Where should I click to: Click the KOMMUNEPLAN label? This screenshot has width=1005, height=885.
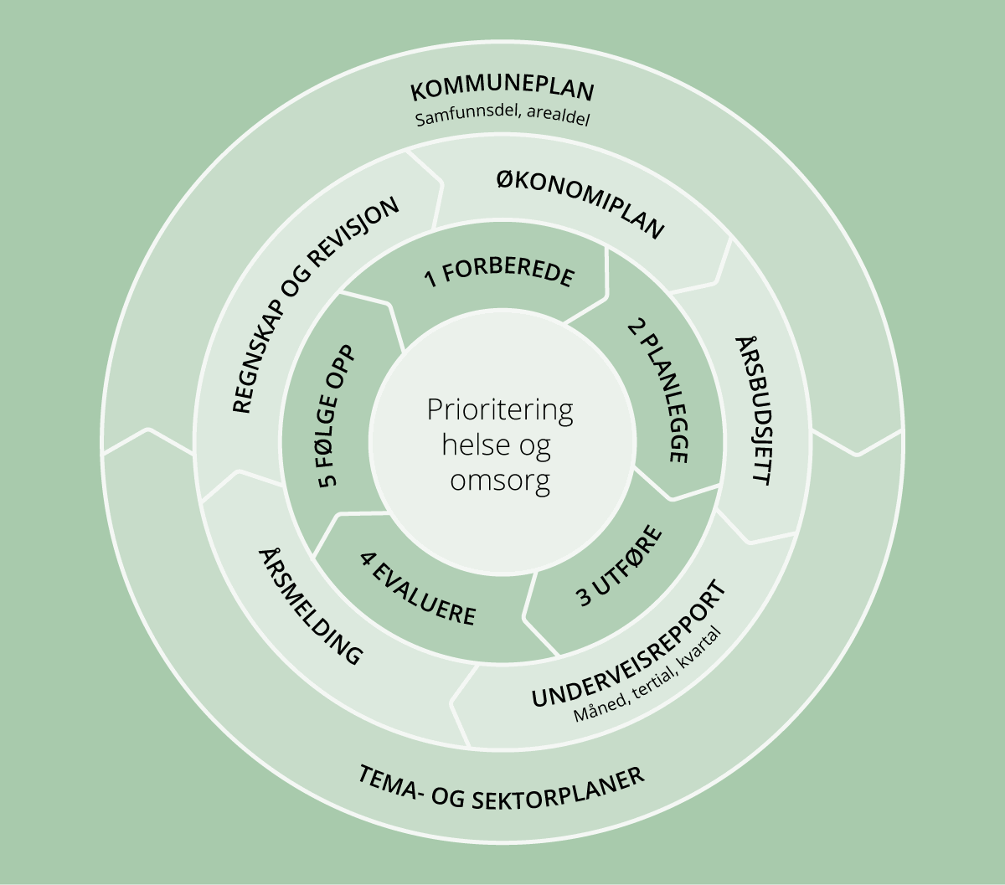(x=502, y=90)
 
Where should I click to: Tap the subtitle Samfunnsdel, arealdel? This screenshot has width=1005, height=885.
(x=502, y=117)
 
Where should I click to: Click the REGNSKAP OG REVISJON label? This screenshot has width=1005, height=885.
(x=315, y=306)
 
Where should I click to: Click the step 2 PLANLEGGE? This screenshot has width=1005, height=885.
(x=657, y=388)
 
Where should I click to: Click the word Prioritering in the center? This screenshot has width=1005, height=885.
(x=500, y=410)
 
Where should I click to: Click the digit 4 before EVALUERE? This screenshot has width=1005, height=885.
(x=366, y=558)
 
